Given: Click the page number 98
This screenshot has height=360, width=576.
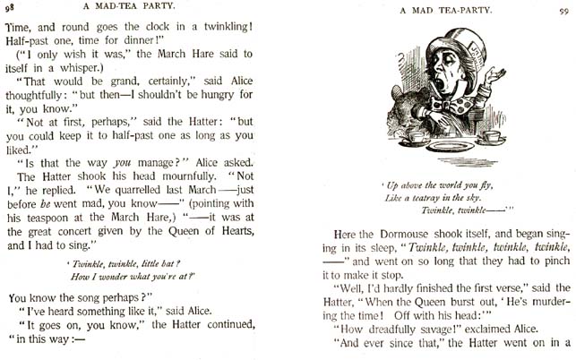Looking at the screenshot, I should pyautogui.click(x=9, y=8).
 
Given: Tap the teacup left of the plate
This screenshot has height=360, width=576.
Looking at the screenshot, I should pyautogui.click(x=414, y=136).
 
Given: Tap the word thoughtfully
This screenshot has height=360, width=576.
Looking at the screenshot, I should pyautogui.click(x=49, y=116).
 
